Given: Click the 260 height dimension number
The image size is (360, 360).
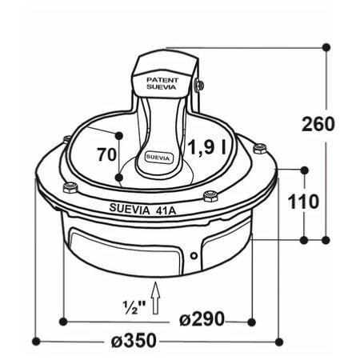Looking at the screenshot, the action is click(318, 124).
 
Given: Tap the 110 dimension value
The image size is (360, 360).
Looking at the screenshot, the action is click(303, 202).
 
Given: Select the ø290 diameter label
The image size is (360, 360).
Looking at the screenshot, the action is click(202, 318).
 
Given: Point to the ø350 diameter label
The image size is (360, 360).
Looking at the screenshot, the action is click(134, 340).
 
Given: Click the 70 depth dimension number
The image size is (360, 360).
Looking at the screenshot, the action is click(106, 154).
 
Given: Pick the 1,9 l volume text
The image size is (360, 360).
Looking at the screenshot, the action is click(207, 147).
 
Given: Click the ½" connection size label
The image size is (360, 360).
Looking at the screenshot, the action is click(134, 307).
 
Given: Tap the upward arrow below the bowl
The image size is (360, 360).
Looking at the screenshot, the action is click(155, 298).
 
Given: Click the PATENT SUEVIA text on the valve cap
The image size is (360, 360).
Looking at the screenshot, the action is click(162, 83).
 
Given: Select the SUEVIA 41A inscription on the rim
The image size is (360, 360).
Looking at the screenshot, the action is click(142, 210).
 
